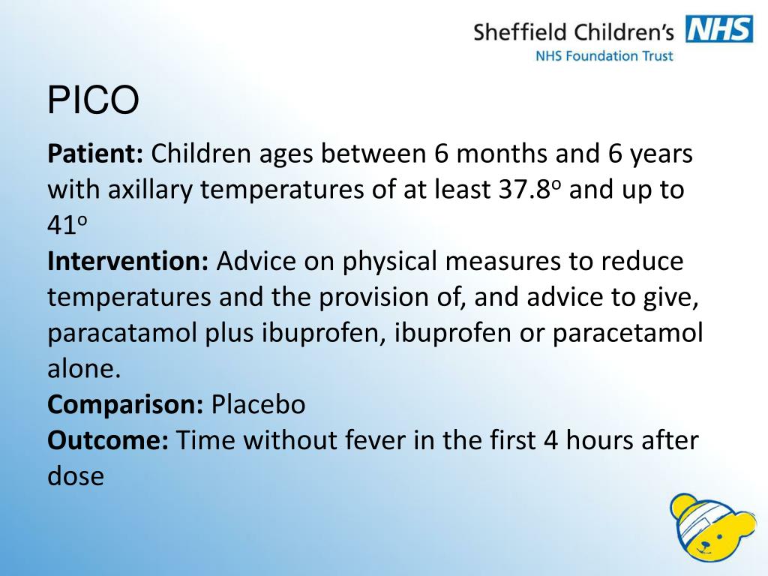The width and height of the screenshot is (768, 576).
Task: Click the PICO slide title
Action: (x=94, y=100)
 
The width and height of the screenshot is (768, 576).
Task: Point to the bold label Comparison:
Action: (x=125, y=405)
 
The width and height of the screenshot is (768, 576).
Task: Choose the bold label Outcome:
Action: (x=108, y=440)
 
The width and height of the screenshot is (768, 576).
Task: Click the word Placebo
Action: (x=258, y=405)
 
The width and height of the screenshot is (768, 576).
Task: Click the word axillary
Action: (x=151, y=190)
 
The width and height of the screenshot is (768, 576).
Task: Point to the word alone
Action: (x=82, y=369)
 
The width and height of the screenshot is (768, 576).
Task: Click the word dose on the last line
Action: (x=75, y=476)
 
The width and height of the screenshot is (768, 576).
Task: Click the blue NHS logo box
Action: (x=718, y=30)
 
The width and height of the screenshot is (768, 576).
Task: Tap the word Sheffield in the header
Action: (x=520, y=31)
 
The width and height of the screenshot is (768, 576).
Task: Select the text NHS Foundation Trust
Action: (x=604, y=55)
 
